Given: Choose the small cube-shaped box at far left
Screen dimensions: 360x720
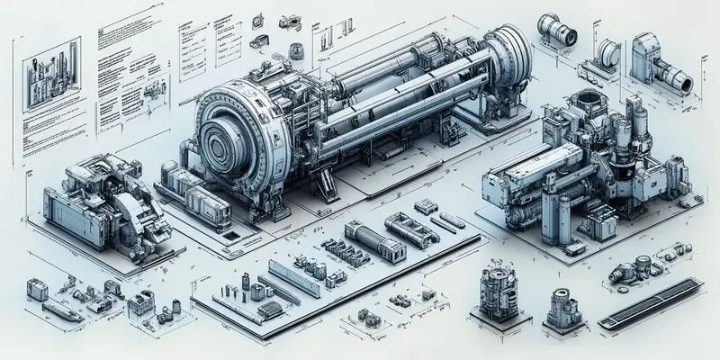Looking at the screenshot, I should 37,288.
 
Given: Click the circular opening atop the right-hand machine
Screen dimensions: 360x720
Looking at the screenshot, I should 589,98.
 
